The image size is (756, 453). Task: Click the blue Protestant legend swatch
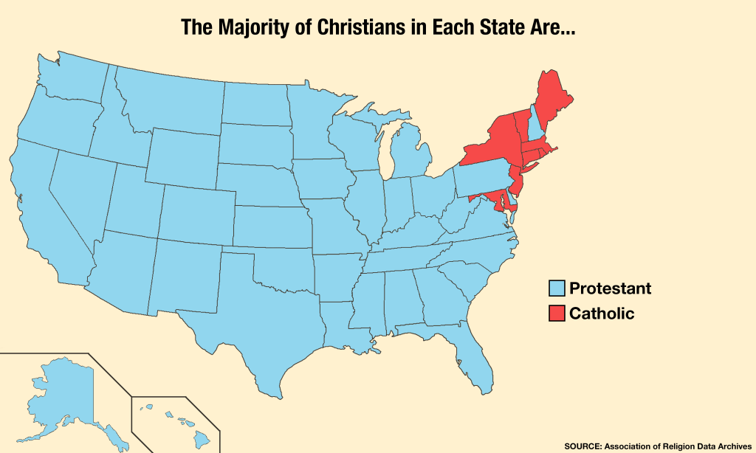coord(557,288)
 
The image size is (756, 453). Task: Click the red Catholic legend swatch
coord(557,314)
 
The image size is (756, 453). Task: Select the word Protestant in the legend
coord(610,288)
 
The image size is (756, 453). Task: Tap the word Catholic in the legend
coord(602,314)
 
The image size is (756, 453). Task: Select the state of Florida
coord(472,362)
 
